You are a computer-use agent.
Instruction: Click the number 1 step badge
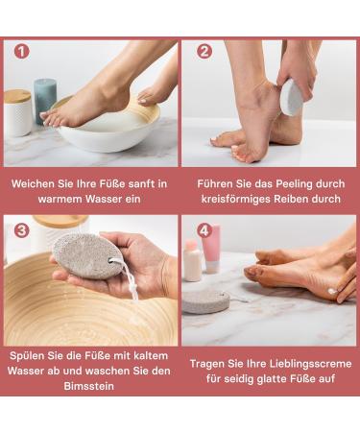pyautogui.click(x=21, y=52)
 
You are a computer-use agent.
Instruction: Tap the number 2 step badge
pyautogui.click(x=204, y=52)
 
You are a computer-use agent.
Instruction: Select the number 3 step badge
pyautogui.click(x=21, y=230)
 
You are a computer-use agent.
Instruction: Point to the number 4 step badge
pyautogui.click(x=204, y=230)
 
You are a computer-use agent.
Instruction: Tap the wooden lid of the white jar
pyautogui.click(x=17, y=96)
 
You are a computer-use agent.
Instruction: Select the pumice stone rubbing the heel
pyautogui.click(x=292, y=97)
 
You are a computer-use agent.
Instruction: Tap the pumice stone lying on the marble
pyautogui.click(x=206, y=301)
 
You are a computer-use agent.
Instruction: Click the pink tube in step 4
pyautogui.click(x=211, y=248)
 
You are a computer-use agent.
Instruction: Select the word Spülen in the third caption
pyautogui.click(x=32, y=353)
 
